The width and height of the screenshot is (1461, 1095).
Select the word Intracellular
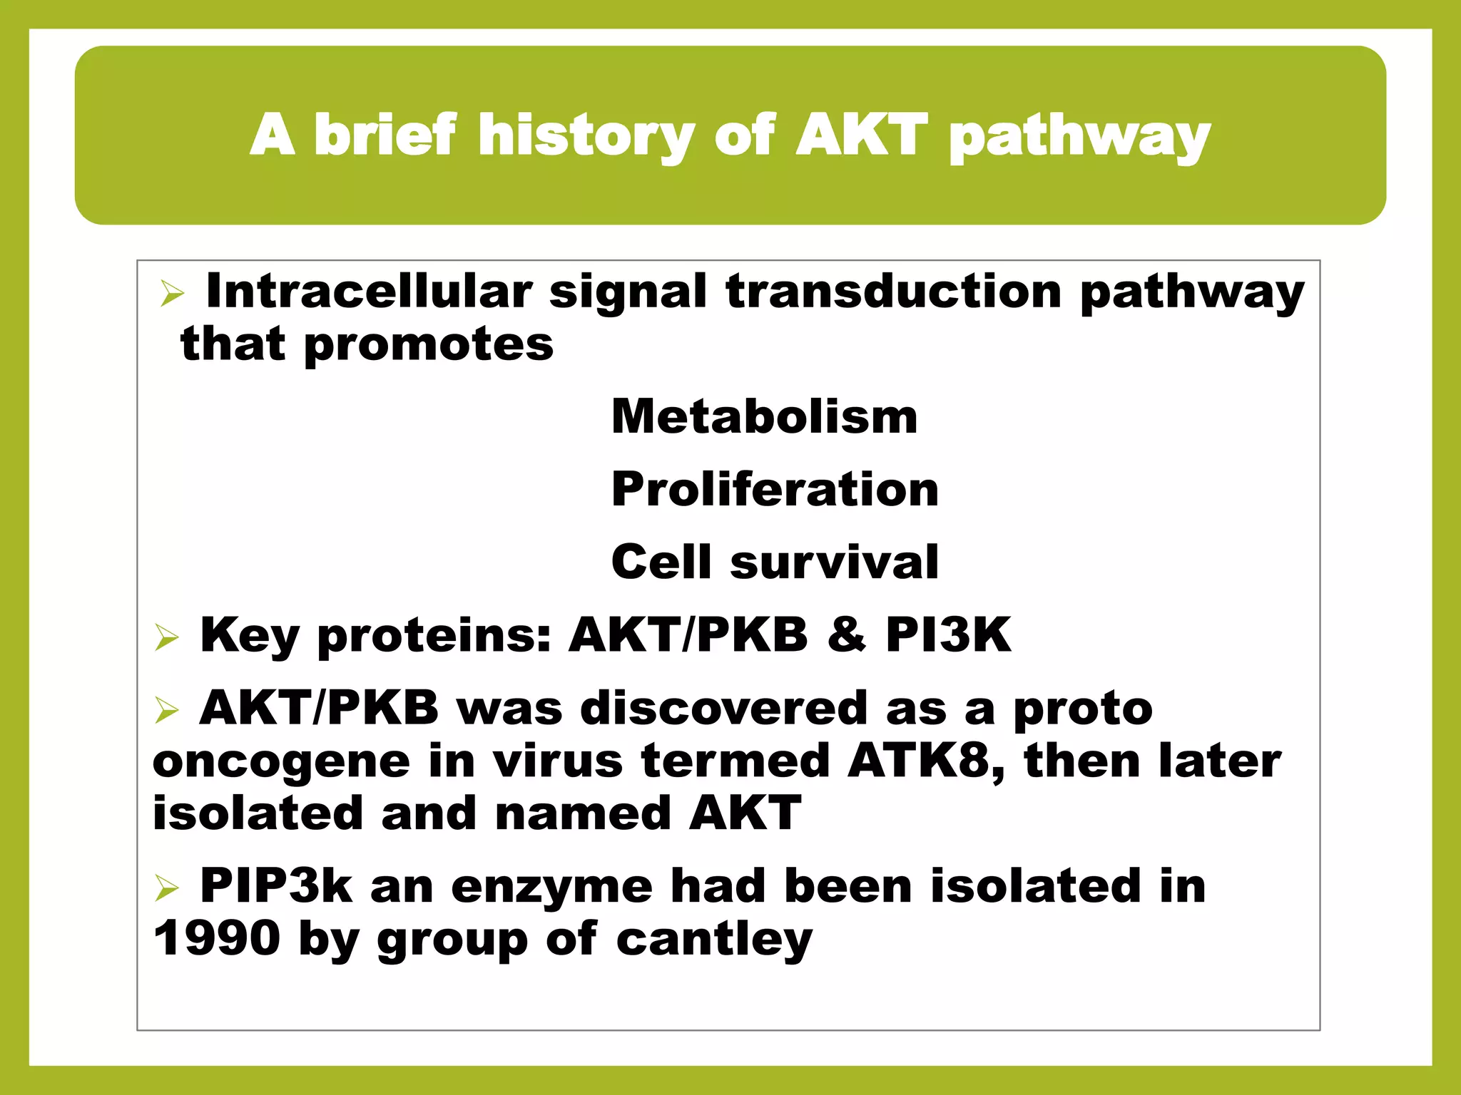(x=369, y=292)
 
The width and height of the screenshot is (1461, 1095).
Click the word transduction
(x=894, y=292)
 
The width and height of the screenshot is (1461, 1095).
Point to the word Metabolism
(x=764, y=416)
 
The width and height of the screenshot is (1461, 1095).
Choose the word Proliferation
(x=775, y=490)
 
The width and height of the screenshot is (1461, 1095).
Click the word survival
(x=834, y=562)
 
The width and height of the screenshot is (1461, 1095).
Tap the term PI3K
(x=948, y=634)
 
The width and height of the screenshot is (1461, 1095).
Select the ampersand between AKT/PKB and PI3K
(x=847, y=634)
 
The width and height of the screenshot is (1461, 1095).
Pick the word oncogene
(x=281, y=762)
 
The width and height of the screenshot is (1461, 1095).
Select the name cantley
(x=713, y=940)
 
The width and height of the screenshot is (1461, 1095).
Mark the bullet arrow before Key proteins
(x=166, y=637)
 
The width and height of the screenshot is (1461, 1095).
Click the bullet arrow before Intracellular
(x=172, y=293)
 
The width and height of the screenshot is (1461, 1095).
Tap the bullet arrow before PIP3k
(x=166, y=888)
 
